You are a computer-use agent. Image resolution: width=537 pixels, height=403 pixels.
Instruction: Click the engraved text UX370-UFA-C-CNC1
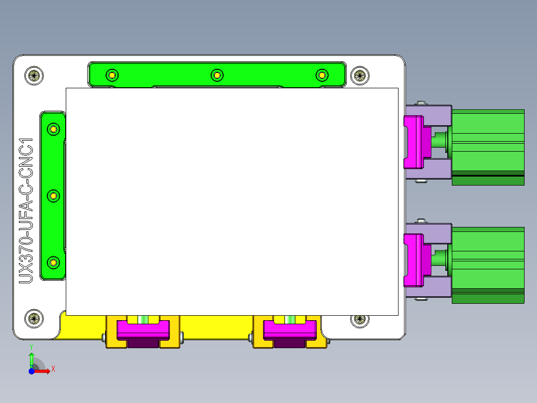point(26,210)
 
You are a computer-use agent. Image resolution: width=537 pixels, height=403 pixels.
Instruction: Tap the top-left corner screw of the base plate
point(34,76)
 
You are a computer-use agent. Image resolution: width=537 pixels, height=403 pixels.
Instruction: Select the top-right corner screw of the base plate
point(360,76)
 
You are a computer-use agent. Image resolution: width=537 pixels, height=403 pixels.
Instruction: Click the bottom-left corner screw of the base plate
point(34,318)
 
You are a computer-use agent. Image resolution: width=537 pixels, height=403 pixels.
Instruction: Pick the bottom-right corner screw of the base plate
point(360,319)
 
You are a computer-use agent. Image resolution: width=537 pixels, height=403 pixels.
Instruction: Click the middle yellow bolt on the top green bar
point(217,75)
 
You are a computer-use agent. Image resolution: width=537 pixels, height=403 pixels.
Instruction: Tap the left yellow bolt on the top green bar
point(112,76)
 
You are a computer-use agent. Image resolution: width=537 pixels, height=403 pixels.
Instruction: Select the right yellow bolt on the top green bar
point(322,75)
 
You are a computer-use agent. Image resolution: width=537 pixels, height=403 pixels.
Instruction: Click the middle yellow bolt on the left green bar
point(53,196)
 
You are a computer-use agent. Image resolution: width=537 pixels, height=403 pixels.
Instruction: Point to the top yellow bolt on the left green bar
point(53,130)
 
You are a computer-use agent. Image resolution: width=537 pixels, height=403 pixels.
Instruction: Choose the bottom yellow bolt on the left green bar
point(53,262)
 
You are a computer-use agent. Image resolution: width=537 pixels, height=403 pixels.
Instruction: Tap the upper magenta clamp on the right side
point(413,142)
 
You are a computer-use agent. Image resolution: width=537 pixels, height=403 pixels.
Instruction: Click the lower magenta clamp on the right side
point(413,260)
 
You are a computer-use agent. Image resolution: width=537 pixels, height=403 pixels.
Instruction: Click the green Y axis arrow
point(31,358)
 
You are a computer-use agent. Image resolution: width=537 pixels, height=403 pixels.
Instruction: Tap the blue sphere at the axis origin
point(31,371)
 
